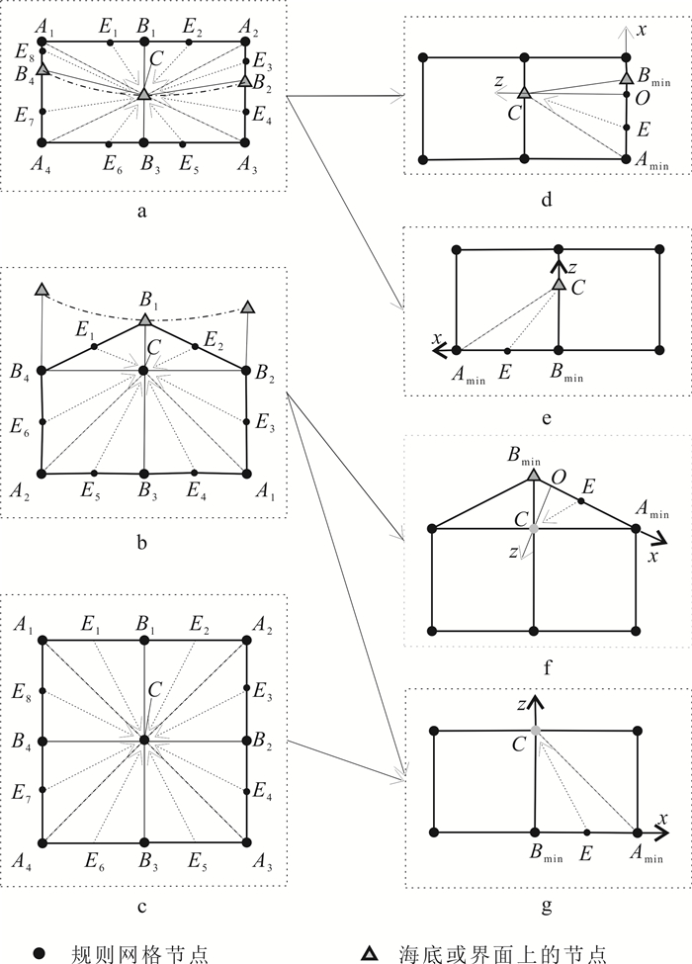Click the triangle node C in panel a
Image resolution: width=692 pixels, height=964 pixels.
pos(144,94)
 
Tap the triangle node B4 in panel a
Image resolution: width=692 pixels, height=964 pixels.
pos(42,69)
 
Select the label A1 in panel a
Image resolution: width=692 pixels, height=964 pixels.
pos(43,25)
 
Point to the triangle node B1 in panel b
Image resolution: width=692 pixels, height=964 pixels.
pos(145,319)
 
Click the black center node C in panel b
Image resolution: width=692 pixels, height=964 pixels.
pos(144,370)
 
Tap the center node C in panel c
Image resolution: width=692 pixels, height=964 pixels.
pos(144,739)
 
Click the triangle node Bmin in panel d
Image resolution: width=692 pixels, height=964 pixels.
pos(626,77)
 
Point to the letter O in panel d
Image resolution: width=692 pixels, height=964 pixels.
pos(643,99)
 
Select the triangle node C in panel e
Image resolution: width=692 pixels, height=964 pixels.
pos(559,285)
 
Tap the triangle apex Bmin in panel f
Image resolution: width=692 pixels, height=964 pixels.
pos(534,476)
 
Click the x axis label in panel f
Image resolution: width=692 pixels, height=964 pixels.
pos(653,558)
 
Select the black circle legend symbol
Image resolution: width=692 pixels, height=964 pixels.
pos(41,952)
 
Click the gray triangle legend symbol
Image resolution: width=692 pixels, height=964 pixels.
pos(369,952)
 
